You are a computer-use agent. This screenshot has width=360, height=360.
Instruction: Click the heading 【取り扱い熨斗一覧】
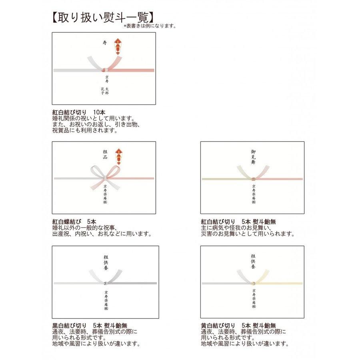[102, 18]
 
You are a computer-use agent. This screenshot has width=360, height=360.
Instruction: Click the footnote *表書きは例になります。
[150, 26]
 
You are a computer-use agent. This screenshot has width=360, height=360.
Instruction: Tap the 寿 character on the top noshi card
[105, 42]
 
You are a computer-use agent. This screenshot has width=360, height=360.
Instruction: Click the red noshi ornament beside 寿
[118, 48]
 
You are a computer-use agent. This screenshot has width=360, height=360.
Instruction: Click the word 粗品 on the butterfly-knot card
[105, 155]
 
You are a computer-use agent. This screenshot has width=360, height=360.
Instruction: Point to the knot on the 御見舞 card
[253, 178]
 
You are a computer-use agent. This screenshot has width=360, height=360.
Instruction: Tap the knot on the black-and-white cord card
[106, 283]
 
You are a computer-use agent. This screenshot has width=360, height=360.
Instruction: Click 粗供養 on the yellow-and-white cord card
[253, 262]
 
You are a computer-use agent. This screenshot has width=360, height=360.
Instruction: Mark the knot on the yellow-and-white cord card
[253, 283]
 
